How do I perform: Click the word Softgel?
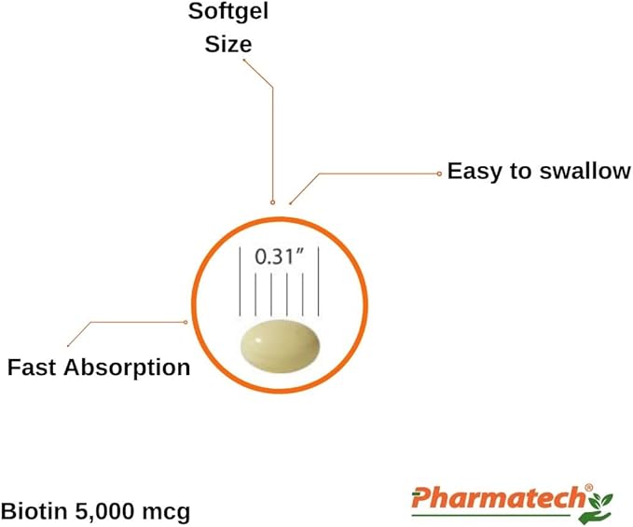click(x=228, y=11)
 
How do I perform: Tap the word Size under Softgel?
click(x=228, y=44)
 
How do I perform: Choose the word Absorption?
click(x=127, y=368)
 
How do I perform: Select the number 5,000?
click(x=104, y=512)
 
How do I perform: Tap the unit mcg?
click(x=166, y=513)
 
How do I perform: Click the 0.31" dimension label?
click(x=279, y=257)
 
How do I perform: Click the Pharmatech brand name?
click(x=498, y=498)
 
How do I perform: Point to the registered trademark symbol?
click(x=589, y=488)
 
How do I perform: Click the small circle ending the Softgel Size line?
click(x=273, y=201)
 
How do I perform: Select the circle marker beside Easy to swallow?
click(x=439, y=174)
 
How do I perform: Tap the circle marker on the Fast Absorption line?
click(x=186, y=322)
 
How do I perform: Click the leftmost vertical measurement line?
click(x=241, y=282)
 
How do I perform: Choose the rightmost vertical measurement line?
click(x=319, y=282)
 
